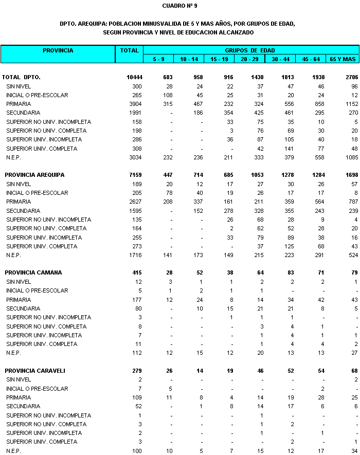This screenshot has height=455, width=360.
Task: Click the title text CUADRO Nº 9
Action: (x=179, y=6)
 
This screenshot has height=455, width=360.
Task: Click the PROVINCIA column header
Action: (x=58, y=50)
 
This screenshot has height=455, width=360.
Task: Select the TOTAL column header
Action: (x=129, y=50)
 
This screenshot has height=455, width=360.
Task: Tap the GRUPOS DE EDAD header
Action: (x=249, y=50)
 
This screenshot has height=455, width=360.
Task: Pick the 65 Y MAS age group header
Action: (x=343, y=59)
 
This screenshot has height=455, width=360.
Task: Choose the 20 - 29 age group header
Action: (x=249, y=59)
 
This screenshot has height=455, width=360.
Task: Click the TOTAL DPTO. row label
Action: (x=21, y=77)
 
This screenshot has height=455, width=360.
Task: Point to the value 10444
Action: (x=134, y=77)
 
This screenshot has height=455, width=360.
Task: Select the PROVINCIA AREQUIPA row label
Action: (x=34, y=175)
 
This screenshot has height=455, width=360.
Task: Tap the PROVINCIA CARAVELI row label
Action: (x=35, y=371)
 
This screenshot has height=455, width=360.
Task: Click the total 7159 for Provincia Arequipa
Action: (x=136, y=175)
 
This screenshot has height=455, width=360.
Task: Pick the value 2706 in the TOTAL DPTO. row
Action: (x=348, y=77)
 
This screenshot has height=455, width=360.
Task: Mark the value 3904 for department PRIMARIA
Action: (x=136, y=104)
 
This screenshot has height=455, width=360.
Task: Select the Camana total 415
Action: (x=137, y=272)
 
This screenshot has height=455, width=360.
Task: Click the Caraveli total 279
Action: (x=137, y=371)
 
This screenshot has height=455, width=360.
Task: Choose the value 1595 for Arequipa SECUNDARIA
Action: (x=136, y=210)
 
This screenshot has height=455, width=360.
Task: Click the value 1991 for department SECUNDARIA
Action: (x=136, y=113)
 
